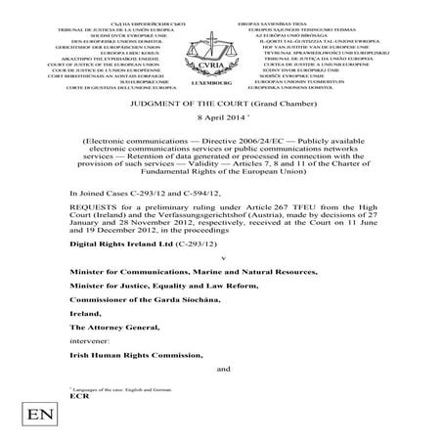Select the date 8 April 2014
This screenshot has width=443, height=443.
point(220,115)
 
